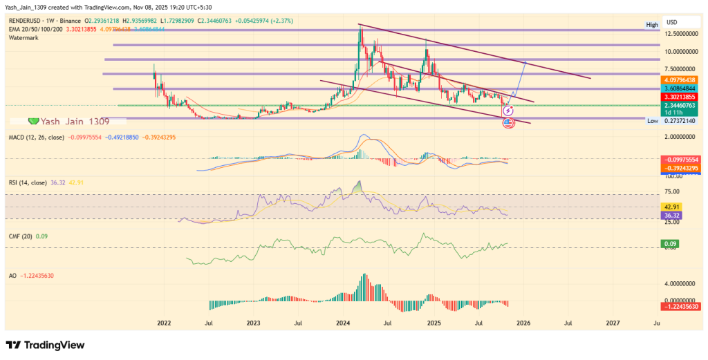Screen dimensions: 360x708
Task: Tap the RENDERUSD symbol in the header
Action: (24, 21)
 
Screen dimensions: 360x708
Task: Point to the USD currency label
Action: (672, 21)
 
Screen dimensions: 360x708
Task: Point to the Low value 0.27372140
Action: (680, 120)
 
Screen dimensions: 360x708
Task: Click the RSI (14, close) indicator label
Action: (28, 183)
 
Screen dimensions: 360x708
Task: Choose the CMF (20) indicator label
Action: (19, 236)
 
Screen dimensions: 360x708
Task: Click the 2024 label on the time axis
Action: (343, 323)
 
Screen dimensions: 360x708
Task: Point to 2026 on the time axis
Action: (523, 323)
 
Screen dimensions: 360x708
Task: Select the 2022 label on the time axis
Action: (164, 323)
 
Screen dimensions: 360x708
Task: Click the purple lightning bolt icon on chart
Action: (509, 111)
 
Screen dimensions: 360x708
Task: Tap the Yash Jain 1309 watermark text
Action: (68, 121)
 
